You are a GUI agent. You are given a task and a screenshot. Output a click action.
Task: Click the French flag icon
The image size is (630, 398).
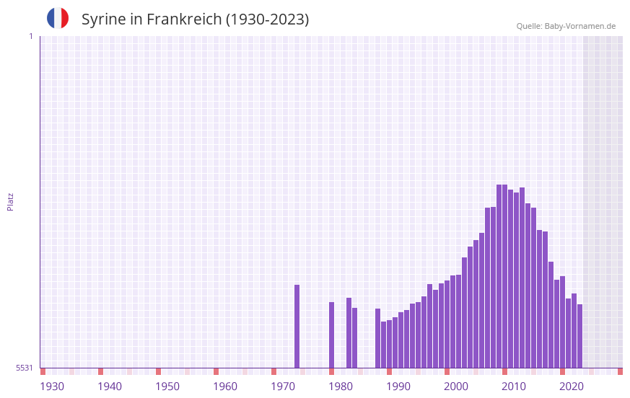pyautogui.click(x=58, y=18)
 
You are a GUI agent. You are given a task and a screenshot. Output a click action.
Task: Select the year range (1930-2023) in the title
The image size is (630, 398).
pyautogui.click(x=267, y=19)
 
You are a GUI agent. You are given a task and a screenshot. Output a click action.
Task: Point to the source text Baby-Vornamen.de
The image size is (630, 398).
pyautogui.click(x=579, y=26)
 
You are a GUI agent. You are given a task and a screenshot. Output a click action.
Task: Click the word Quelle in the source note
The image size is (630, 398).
pyautogui.click(x=528, y=26)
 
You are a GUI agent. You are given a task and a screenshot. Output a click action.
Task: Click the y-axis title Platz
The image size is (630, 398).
pyautogui.click(x=10, y=201)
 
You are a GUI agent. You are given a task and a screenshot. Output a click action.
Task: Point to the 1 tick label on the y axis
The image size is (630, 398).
pyautogui.click(x=30, y=36)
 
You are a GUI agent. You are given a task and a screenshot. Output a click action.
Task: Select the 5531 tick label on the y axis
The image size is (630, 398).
pyautogui.click(x=25, y=368)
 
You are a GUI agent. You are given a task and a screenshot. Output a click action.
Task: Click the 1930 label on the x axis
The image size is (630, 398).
pyautogui.click(x=52, y=386)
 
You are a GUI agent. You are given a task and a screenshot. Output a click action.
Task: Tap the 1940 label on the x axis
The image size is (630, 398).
pyautogui.click(x=110, y=386)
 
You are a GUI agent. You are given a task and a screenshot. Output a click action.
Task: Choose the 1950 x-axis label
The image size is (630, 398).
pyautogui.click(x=167, y=386)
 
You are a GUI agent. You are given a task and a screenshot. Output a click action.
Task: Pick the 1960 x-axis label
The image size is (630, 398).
pyautogui.click(x=225, y=386)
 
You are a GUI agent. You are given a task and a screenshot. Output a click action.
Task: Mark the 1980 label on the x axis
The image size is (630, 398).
pyautogui.click(x=341, y=386)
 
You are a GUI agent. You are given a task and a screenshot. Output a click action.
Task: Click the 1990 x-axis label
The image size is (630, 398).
pyautogui.click(x=398, y=386)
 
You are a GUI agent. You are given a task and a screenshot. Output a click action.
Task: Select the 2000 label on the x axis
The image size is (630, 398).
pyautogui.click(x=456, y=386)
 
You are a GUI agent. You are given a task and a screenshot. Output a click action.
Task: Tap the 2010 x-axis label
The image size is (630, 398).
pyautogui.click(x=514, y=386)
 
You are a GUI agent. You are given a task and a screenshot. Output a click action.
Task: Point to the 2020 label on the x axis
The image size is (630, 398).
pyautogui.click(x=572, y=386)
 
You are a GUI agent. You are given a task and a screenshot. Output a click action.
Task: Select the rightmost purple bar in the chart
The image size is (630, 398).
pyautogui.click(x=579, y=336)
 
